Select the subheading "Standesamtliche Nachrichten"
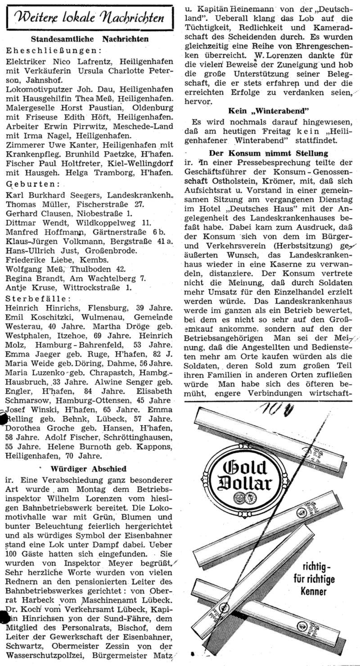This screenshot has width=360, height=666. coord(90,39)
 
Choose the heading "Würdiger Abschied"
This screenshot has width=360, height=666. coord(89,468)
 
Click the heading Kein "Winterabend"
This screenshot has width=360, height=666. coord(269,111)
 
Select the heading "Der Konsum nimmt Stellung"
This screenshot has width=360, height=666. coord(269,153)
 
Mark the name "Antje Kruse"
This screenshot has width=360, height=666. coord(28,288)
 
